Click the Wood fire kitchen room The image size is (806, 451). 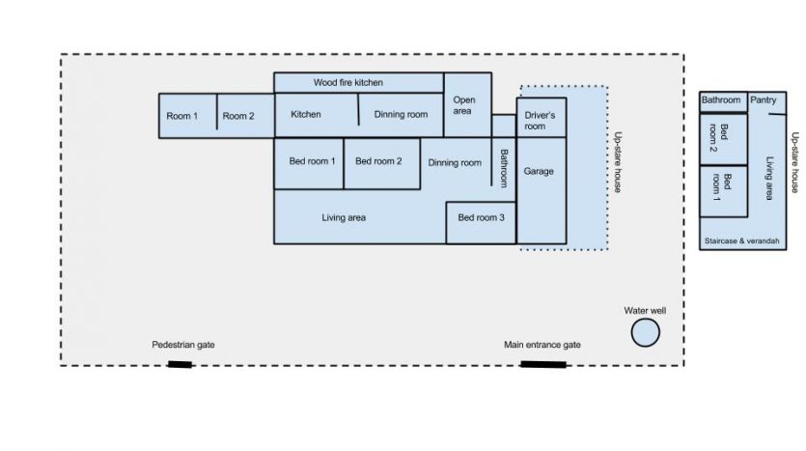[348, 83]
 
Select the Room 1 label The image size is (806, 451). [181, 116]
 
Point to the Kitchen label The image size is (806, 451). [306, 115]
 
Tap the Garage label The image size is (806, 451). [539, 171]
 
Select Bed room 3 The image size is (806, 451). [481, 218]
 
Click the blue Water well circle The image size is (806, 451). [645, 333]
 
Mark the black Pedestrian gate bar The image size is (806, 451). [180, 364]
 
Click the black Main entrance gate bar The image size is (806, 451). [542, 364]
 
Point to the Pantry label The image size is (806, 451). [764, 99]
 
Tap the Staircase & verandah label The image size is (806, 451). [741, 240]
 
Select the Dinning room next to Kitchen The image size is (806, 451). [401, 115]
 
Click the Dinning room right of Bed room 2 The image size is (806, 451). [455, 163]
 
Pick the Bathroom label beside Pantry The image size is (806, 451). [721, 99]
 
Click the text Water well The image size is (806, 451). [644, 310]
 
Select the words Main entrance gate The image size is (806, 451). [542, 345]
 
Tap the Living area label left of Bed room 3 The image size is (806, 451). [344, 218]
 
